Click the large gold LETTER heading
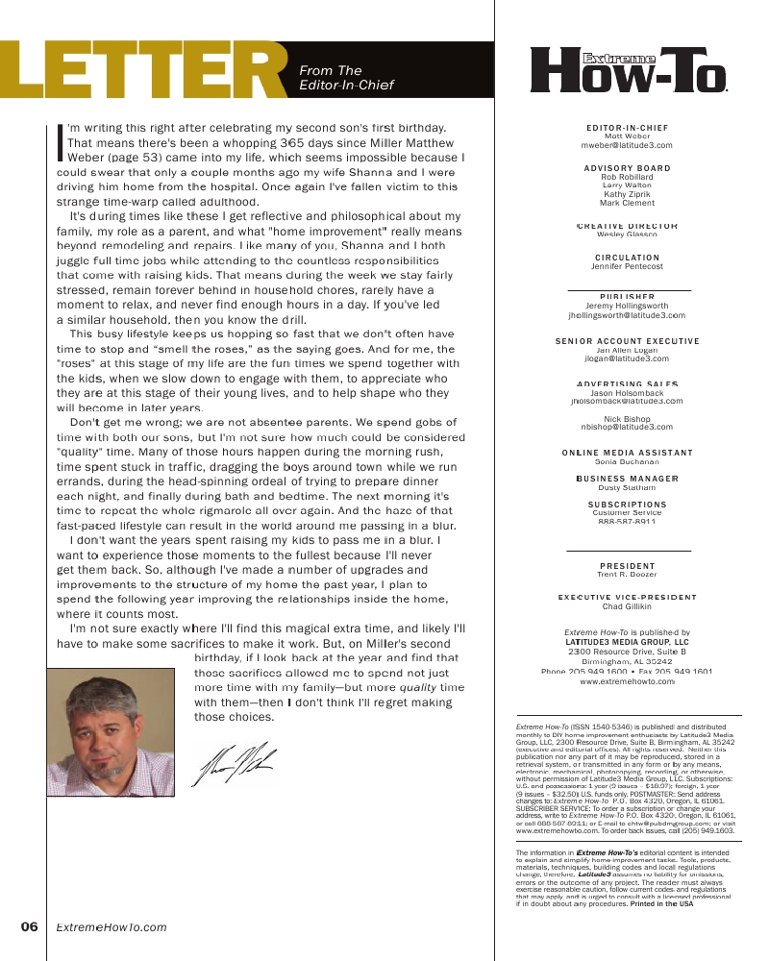(x=144, y=70)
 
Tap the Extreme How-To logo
(x=629, y=70)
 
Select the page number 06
(x=30, y=927)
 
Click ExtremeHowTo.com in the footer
(x=112, y=927)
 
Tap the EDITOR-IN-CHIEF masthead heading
(x=627, y=128)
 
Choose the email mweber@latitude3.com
(x=627, y=145)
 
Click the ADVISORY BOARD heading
(x=627, y=168)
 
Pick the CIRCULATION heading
(x=627, y=258)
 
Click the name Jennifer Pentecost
(x=627, y=266)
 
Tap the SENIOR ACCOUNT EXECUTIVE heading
(x=627, y=341)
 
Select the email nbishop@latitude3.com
(x=627, y=427)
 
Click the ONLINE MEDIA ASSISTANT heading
(x=627, y=453)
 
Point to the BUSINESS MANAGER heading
(x=627, y=479)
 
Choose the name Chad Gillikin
(x=627, y=607)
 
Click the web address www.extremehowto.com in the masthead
(x=627, y=681)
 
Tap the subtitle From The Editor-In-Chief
(x=346, y=77)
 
